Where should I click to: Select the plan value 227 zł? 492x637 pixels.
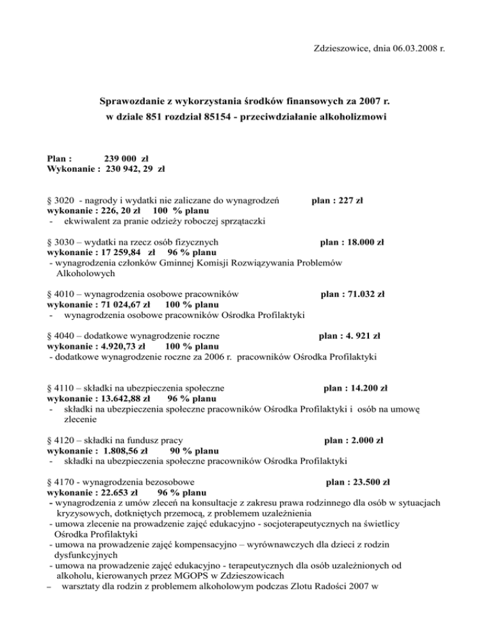tap(346, 200)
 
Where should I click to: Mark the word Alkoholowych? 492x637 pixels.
tap(85, 274)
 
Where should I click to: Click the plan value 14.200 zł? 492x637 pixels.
tap(364, 387)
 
